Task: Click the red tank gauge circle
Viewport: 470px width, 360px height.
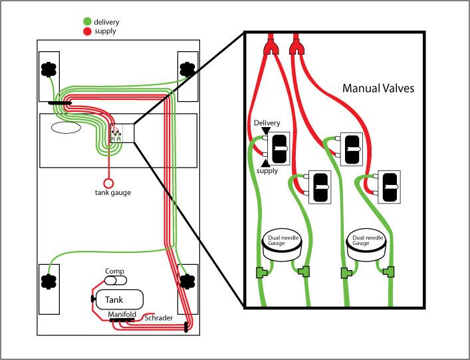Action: [108, 181]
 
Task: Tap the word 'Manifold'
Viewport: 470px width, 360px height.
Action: [122, 313]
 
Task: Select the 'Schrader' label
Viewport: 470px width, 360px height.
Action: [159, 319]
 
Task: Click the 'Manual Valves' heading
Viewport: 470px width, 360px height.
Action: [378, 88]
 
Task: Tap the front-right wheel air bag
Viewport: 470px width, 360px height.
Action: [187, 69]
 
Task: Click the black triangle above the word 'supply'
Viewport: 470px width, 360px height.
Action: [266, 163]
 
